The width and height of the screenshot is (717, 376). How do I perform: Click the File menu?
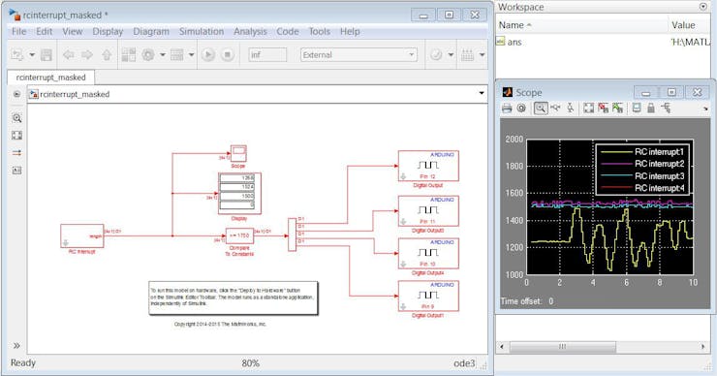click(x=18, y=31)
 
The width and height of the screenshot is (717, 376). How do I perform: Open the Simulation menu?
click(x=201, y=31)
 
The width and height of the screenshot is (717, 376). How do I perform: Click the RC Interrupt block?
click(x=81, y=235)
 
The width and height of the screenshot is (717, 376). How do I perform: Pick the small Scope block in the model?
click(x=237, y=152)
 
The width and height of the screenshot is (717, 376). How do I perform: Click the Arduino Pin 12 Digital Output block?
click(x=428, y=165)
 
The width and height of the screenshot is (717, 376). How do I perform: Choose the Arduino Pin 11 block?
click(x=428, y=209)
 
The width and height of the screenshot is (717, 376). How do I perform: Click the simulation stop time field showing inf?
click(x=268, y=55)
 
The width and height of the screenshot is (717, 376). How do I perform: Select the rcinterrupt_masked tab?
click(x=51, y=77)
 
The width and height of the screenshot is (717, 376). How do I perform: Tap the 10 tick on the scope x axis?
click(x=692, y=283)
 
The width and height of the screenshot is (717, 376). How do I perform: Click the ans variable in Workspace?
click(x=514, y=42)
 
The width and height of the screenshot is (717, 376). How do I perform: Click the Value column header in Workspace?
click(x=683, y=24)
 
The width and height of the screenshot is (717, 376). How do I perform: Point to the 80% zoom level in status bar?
click(x=250, y=363)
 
